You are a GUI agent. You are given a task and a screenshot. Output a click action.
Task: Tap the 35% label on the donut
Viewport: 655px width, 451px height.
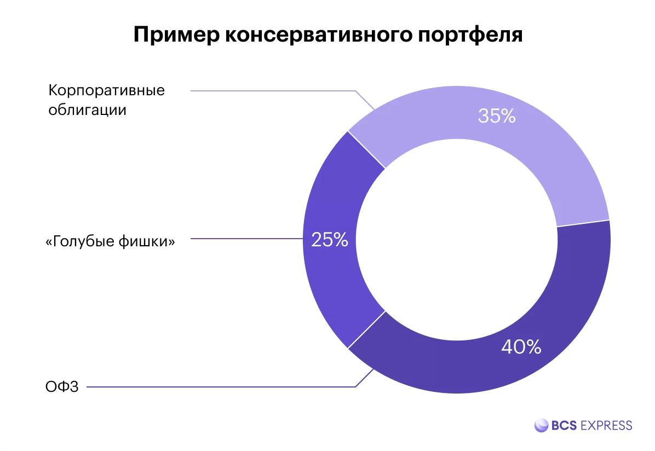tap(497, 116)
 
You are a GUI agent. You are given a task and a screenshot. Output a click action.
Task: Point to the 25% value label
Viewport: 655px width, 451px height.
tap(329, 240)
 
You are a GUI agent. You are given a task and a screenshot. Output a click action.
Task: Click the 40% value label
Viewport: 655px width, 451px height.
tap(521, 347)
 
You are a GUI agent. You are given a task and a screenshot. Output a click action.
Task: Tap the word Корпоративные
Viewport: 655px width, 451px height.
tap(106, 90)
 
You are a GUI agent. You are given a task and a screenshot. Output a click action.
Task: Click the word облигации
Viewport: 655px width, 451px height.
tap(87, 109)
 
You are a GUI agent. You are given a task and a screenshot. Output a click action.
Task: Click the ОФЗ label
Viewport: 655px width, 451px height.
tap(62, 388)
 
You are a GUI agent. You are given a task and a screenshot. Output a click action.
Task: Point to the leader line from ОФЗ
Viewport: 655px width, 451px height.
tap(219, 388)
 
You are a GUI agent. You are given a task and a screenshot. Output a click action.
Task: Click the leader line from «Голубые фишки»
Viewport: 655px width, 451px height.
tap(246, 239)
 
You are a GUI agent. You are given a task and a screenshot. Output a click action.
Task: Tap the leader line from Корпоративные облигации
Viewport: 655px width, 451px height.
tap(274, 91)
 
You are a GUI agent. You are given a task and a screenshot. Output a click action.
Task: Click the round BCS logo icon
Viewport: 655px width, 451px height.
tap(541, 425)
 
